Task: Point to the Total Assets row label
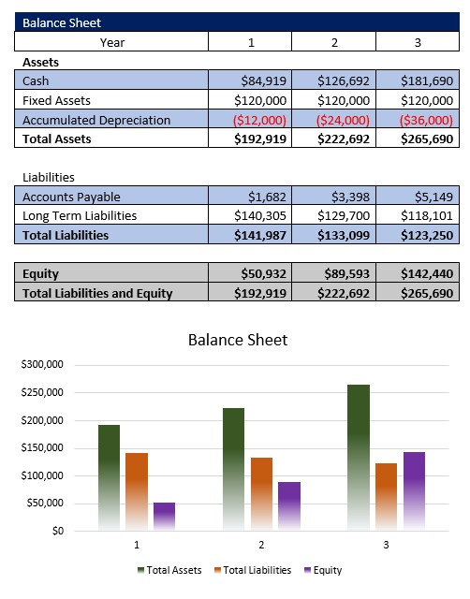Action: (x=57, y=139)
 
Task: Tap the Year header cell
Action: (x=111, y=41)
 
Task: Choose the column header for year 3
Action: (x=418, y=41)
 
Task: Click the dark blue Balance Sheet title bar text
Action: (x=62, y=22)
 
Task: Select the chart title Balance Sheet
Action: (x=238, y=340)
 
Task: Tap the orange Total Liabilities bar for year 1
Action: (x=137, y=491)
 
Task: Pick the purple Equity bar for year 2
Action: (x=288, y=506)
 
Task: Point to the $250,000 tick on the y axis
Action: (x=41, y=392)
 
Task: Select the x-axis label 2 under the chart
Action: (x=261, y=545)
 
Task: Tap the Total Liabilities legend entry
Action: (x=252, y=570)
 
